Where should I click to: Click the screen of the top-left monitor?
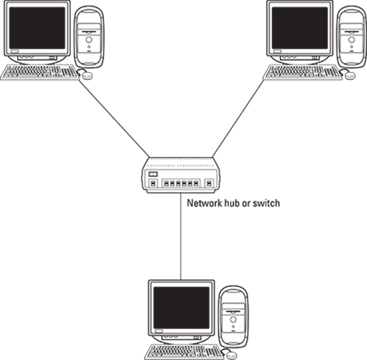(x=37, y=28)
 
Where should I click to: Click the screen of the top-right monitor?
(x=299, y=28)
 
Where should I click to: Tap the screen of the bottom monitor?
(x=181, y=308)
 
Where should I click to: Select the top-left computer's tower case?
(x=89, y=36)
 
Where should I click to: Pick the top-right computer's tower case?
(x=352, y=36)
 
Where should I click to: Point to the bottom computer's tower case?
(x=233, y=316)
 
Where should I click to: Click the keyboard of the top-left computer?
(x=40, y=72)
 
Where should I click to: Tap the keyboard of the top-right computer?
(x=303, y=72)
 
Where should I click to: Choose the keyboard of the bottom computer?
(x=184, y=351)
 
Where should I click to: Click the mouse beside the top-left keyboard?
(x=87, y=75)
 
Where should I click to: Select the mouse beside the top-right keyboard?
(x=350, y=75)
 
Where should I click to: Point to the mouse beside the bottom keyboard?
(x=231, y=355)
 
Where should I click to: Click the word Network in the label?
(x=204, y=203)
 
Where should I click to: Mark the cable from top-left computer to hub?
(x=114, y=119)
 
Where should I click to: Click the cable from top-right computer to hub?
(x=238, y=119)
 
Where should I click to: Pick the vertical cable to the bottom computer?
(x=181, y=236)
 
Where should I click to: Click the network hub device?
(x=181, y=175)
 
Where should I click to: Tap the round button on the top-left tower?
(x=89, y=40)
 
